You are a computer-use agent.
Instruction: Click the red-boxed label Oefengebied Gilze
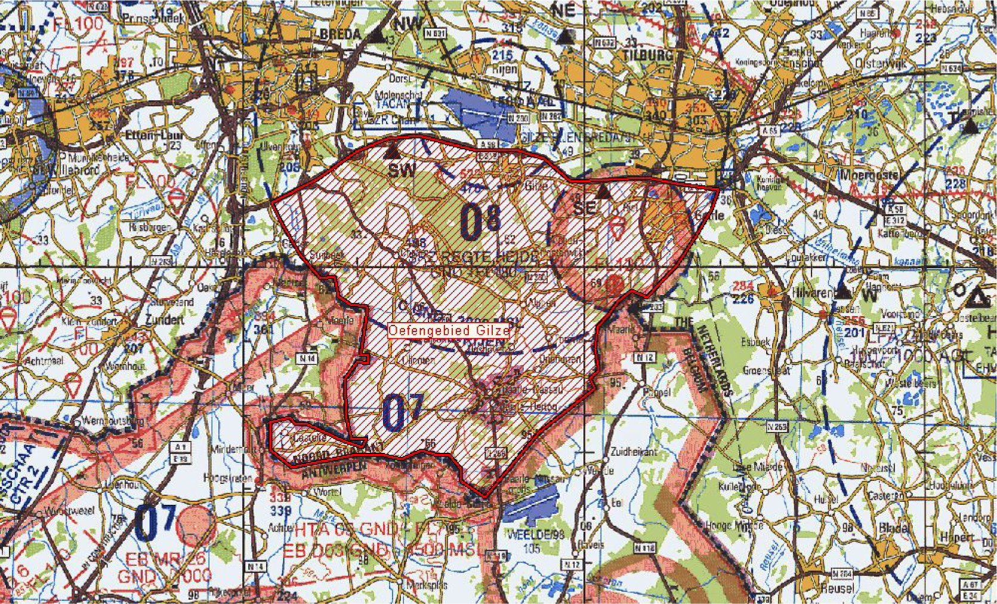(449, 330)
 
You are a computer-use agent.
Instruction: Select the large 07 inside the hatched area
(403, 412)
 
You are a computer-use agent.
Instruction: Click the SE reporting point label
(584, 207)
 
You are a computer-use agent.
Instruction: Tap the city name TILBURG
(647, 56)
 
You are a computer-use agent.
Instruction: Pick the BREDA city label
(340, 35)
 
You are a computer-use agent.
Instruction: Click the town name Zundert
(165, 320)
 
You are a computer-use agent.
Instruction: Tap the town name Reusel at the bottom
(837, 588)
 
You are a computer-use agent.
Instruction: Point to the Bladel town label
(894, 528)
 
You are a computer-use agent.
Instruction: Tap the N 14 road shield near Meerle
(308, 358)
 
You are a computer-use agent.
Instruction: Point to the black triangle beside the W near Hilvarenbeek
(842, 292)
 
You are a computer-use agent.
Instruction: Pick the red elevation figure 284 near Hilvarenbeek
(743, 286)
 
